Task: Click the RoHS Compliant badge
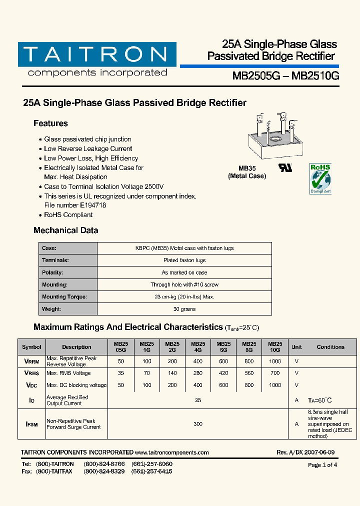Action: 320,178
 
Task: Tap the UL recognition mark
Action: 285,167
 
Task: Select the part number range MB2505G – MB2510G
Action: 285,76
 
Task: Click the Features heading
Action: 50,123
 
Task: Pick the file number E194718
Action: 92,205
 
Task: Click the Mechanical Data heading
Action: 65,230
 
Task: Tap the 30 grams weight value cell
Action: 184,309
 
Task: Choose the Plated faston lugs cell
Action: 184,260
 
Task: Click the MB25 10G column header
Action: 275,347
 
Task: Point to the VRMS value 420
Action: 223,373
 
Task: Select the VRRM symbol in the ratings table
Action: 32,361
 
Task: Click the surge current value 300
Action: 198,424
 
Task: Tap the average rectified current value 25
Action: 198,400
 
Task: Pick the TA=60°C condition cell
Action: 319,400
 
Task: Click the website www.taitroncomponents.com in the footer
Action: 172,452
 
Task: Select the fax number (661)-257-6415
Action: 152,471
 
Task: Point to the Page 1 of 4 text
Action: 322,465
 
